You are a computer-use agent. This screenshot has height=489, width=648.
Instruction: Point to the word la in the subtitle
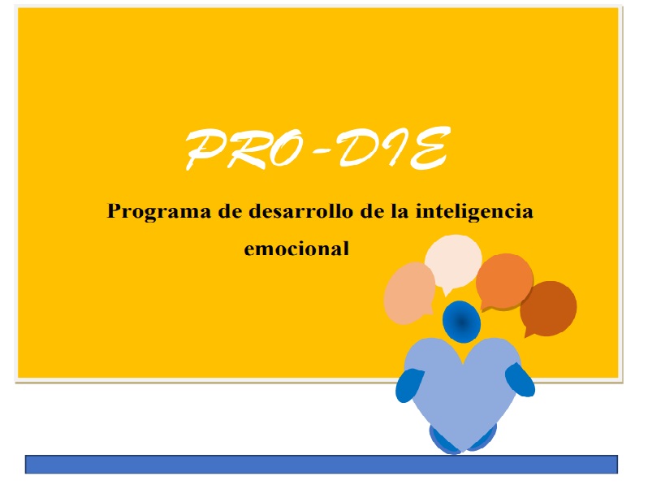point(400,211)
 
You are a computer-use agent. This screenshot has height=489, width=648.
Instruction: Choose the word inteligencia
point(474,213)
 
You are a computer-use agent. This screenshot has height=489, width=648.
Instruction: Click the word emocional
point(296,249)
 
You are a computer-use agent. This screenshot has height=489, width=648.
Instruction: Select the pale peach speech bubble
point(409,293)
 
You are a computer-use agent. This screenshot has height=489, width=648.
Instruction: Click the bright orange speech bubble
point(504,282)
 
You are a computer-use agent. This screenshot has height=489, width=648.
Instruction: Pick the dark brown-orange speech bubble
point(548,309)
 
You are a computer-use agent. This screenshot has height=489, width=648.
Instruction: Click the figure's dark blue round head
point(461,322)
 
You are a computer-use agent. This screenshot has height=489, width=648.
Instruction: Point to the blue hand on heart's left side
point(409,385)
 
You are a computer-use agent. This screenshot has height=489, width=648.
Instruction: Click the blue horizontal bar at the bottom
point(322,464)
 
